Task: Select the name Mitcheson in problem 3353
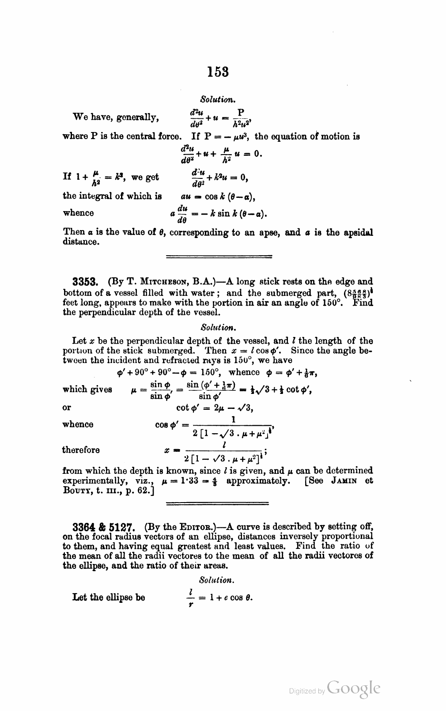pos(155,281)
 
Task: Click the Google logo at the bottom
pos(354,688)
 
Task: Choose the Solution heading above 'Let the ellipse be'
pos(214,579)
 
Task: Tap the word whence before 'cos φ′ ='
pos(78,424)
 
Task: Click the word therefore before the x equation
pos(81,450)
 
